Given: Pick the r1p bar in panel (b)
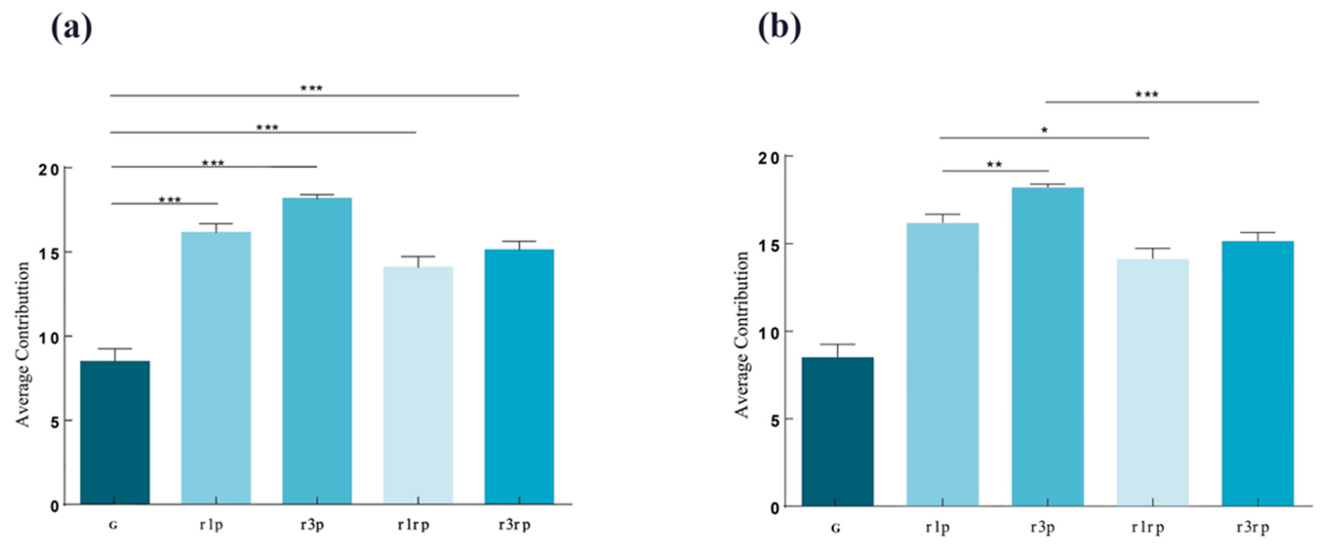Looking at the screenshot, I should click(x=942, y=364).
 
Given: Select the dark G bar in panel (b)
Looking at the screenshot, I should click(x=838, y=431).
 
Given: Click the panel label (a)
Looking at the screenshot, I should click(x=71, y=28).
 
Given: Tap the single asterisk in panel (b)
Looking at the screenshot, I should click(x=1044, y=130).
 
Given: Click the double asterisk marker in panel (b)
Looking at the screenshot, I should click(x=994, y=165).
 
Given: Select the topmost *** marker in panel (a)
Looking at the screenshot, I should click(x=311, y=88).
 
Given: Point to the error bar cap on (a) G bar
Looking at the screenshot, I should click(x=115, y=349).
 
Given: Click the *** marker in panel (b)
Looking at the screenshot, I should click(x=1146, y=95).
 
